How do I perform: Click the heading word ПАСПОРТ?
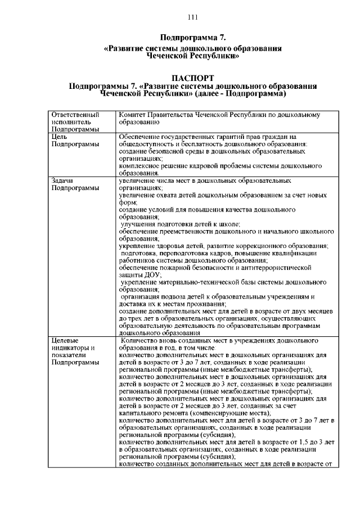(x=193, y=78)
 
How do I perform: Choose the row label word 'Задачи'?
(x=62, y=181)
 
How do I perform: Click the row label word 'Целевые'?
(x=65, y=340)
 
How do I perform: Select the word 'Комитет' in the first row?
(x=134, y=115)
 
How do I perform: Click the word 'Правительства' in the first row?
(x=178, y=115)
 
